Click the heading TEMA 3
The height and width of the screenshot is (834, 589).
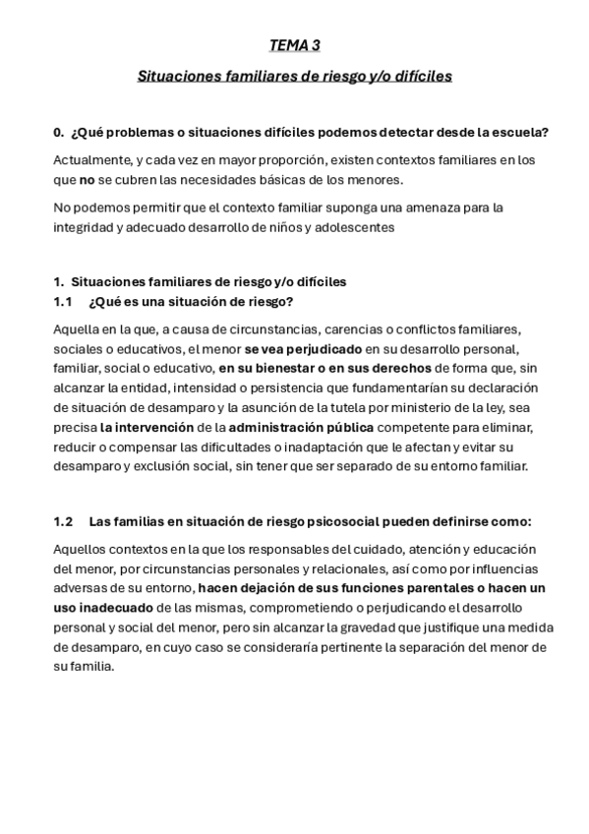pos(294,45)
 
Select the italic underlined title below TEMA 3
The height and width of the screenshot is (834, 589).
pos(294,75)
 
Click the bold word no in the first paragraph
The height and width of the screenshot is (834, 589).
pos(87,181)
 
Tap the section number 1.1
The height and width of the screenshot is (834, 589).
pos(64,301)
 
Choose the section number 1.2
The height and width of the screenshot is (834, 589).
pos(64,520)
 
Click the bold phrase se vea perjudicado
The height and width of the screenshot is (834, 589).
pos(303,349)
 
